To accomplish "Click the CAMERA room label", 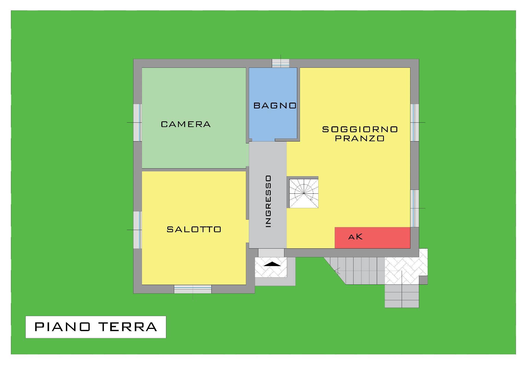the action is click(186, 124).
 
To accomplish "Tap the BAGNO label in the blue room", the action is click(275, 105).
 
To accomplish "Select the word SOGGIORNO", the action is click(360, 129).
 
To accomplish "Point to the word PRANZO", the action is click(360, 138).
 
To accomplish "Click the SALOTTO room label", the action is click(194, 229).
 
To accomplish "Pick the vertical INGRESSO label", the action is click(268, 201).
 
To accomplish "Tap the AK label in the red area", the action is click(355, 237).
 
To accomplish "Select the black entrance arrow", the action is click(272, 264).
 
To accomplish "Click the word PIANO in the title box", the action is click(62, 327).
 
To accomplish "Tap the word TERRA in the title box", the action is click(128, 327).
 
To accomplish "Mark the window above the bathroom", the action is click(281, 63).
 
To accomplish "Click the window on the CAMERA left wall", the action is click(138, 122).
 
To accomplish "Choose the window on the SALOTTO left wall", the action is click(138, 230).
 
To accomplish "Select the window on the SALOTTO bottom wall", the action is click(193, 289).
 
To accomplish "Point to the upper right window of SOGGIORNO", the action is click(415, 122).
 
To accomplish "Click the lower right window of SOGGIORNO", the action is click(415, 208).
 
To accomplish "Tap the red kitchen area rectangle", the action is click(372, 238).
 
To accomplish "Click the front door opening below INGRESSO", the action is click(271, 253).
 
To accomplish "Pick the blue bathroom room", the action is click(273, 104).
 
